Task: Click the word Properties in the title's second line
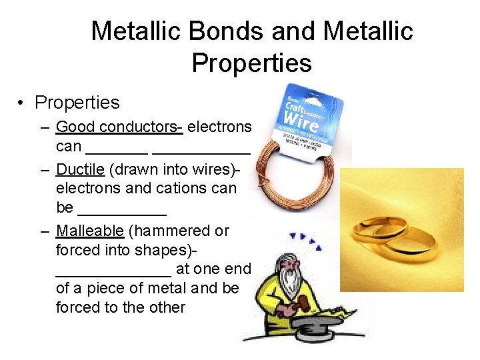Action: [251, 63]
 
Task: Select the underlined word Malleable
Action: [90, 231]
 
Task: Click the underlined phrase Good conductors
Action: [119, 127]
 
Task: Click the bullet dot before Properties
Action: [22, 103]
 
